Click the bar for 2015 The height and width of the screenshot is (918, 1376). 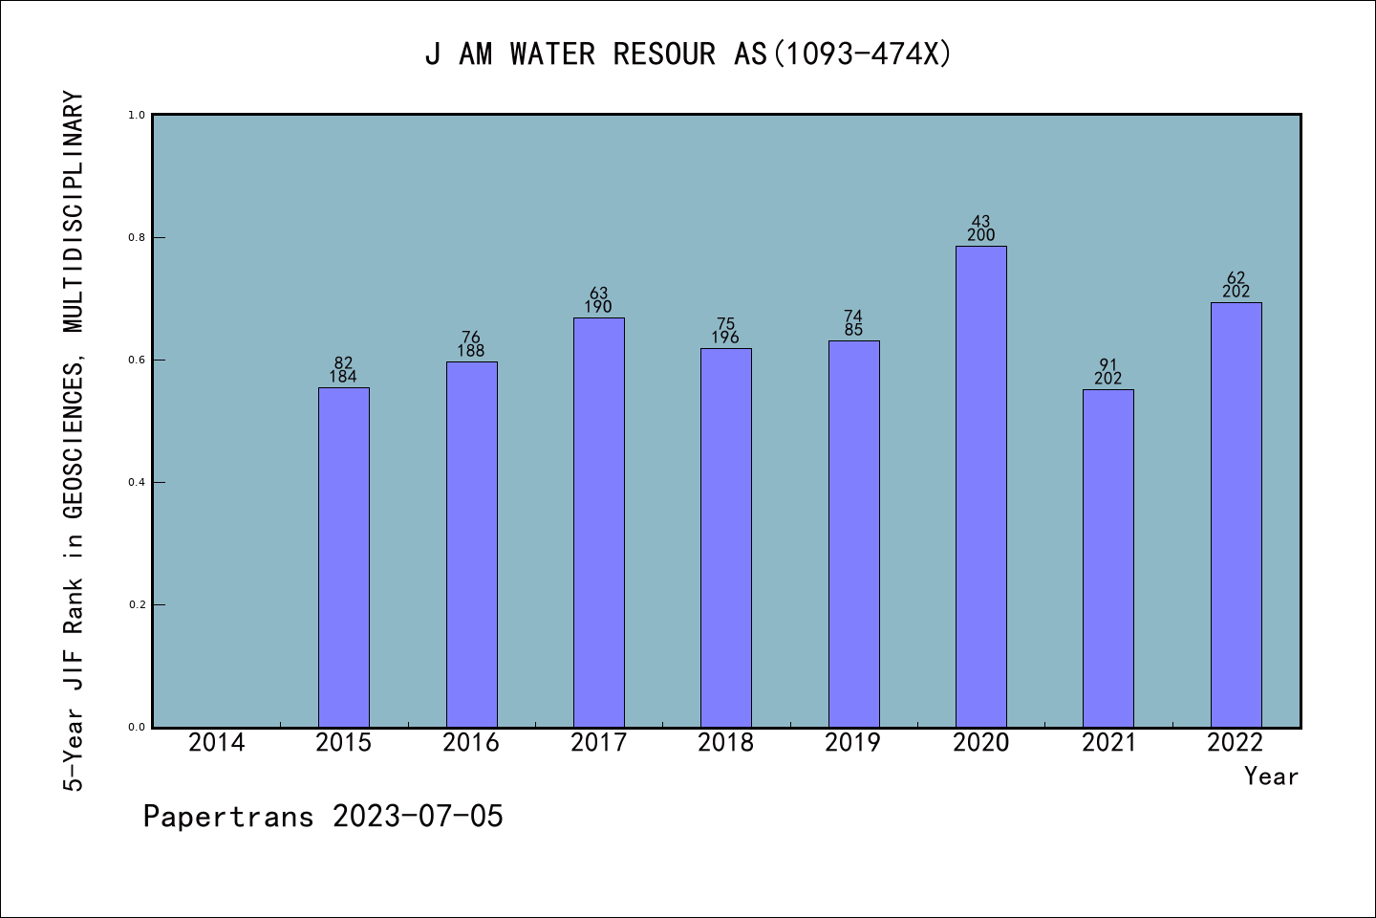pyautogui.click(x=344, y=557)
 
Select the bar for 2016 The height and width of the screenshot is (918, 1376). pyautogui.click(x=471, y=544)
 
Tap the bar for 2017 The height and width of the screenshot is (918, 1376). pyautogui.click(x=599, y=522)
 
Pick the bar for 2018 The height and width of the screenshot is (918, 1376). pyautogui.click(x=726, y=537)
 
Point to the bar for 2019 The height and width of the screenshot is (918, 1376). pyautogui.click(x=853, y=534)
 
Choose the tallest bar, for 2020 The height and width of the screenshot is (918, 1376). pyautogui.click(x=981, y=487)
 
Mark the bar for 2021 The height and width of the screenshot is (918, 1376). pyautogui.click(x=1108, y=557)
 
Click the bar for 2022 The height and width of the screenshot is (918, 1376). pyautogui.click(x=1236, y=514)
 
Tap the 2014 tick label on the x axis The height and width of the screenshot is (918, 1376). pyautogui.click(x=217, y=742)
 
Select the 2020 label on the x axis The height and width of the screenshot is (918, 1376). pyautogui.click(x=981, y=742)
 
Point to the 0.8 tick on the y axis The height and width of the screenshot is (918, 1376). pyautogui.click(x=137, y=237)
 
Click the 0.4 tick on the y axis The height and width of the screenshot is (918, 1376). pyautogui.click(x=137, y=482)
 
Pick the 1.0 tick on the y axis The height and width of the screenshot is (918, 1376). pyautogui.click(x=137, y=115)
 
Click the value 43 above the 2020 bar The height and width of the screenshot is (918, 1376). pyautogui.click(x=981, y=222)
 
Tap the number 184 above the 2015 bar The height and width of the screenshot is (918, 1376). pyautogui.click(x=343, y=377)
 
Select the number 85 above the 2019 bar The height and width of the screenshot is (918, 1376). pyautogui.click(x=853, y=330)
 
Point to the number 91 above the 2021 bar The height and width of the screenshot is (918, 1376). pyautogui.click(x=1108, y=364)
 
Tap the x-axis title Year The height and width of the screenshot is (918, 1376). pyautogui.click(x=1271, y=776)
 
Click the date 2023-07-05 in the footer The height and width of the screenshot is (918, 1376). pyautogui.click(x=418, y=817)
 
